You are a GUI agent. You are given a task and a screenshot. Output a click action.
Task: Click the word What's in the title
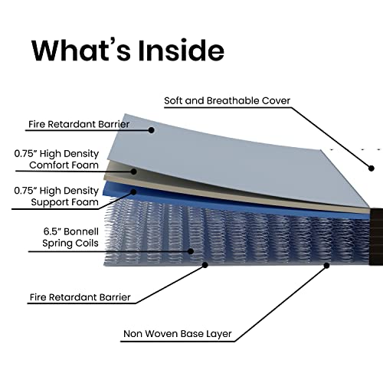pyautogui.click(x=81, y=50)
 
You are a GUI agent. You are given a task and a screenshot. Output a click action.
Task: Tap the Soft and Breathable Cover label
pyautogui.click(x=227, y=100)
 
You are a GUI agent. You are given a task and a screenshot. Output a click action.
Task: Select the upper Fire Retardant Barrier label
pyautogui.click(x=79, y=124)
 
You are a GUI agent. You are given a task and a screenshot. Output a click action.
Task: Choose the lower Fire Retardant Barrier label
pyautogui.click(x=80, y=297)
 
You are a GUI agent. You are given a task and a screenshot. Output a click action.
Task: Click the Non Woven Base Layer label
pyautogui.click(x=178, y=334)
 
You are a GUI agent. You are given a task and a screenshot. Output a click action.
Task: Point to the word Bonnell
pyautogui.click(x=81, y=231)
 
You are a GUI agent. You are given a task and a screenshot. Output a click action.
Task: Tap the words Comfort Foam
pyautogui.click(x=64, y=165)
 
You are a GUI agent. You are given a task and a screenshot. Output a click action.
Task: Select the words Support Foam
pyautogui.click(x=64, y=202)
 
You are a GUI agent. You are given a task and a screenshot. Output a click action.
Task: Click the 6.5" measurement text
pyautogui.click(x=52, y=231)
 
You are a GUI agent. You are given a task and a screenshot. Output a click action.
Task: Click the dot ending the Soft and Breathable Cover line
pyautogui.click(x=372, y=169)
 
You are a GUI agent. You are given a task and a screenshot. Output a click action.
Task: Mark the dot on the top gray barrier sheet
pyautogui.click(x=152, y=130)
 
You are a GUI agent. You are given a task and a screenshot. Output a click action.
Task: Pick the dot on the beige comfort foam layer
pyautogui.click(x=133, y=172)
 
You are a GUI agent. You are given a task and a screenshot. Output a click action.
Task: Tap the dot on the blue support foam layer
pyautogui.click(x=133, y=191)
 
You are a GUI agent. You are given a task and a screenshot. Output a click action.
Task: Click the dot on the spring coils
pyautogui.click(x=191, y=251)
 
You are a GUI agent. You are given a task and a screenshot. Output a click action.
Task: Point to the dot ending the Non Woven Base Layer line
pyautogui.click(x=326, y=266)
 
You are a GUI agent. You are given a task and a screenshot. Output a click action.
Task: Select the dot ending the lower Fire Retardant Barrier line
pyautogui.click(x=205, y=265)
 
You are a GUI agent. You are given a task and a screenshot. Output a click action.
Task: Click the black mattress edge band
pyautogui.click(x=376, y=237)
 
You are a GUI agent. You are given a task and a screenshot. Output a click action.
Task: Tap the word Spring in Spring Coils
pyautogui.click(x=57, y=244)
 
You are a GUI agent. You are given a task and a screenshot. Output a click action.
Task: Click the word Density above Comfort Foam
pyautogui.click(x=81, y=154)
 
